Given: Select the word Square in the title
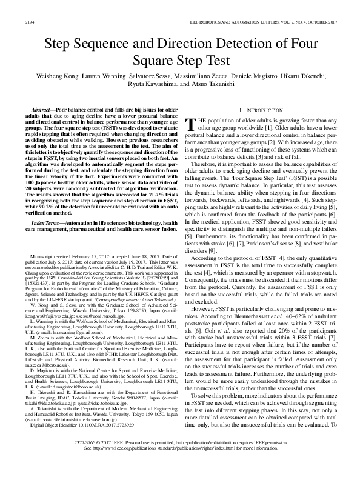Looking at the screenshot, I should coord(155,61).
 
